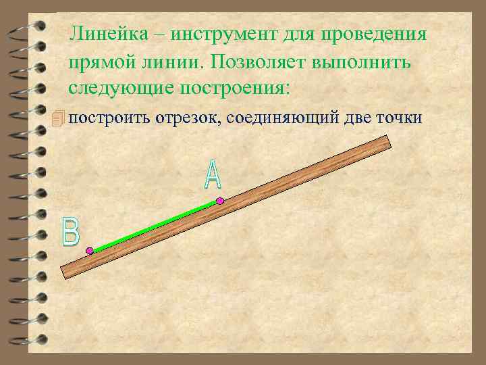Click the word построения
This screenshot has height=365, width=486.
click(236, 89)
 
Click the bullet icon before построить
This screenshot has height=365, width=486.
click(59, 118)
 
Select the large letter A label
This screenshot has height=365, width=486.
click(212, 174)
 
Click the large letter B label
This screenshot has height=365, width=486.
click(70, 231)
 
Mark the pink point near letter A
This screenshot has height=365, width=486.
click(219, 200)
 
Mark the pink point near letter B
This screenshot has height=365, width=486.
click(90, 251)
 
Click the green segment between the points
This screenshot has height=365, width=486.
click(155, 225)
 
